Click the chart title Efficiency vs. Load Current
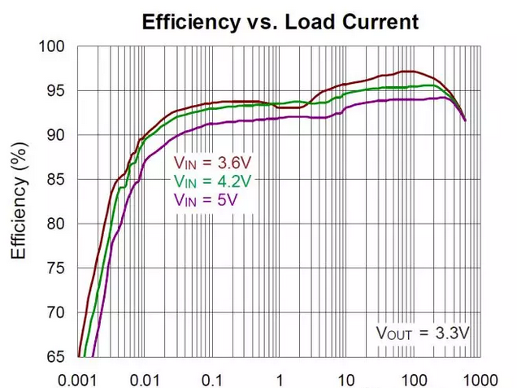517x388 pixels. (x=280, y=22)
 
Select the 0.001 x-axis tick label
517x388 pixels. (x=80, y=377)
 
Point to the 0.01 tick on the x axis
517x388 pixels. (x=146, y=377)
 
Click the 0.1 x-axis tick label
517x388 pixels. (x=213, y=377)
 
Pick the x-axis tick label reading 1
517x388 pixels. (x=280, y=377)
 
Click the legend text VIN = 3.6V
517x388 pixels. (x=213, y=163)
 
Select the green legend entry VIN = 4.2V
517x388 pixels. (x=213, y=181)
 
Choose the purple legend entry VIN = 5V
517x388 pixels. (x=206, y=198)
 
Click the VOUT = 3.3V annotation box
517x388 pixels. (x=423, y=332)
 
